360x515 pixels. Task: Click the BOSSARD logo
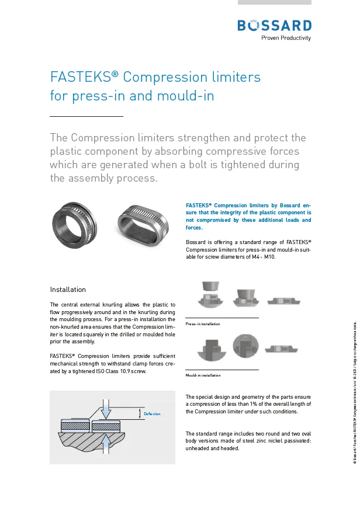[x=274, y=25]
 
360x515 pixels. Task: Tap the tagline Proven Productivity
[x=286, y=39]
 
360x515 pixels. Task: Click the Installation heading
[x=68, y=290]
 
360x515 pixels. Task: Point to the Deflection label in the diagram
[x=152, y=414]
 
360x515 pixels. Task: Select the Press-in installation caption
[x=203, y=323]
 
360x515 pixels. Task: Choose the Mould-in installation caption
[x=203, y=375]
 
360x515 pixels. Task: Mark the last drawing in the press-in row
[x=285, y=301]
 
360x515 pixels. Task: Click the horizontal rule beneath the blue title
[x=86, y=117]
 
